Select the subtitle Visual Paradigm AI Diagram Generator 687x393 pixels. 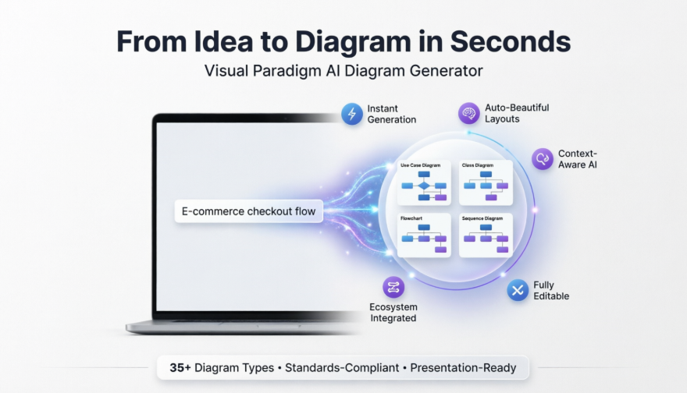343,71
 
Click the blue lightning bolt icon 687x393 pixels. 352,114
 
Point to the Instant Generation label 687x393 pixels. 393,114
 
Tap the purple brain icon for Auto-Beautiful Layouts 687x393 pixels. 468,113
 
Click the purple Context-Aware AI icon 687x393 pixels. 543,159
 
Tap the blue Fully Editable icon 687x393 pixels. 518,290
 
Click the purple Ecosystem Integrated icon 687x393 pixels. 393,287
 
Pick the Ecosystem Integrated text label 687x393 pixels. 393,312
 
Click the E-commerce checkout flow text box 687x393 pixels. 248,211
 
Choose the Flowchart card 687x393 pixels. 424,235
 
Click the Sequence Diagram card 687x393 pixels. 486,235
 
